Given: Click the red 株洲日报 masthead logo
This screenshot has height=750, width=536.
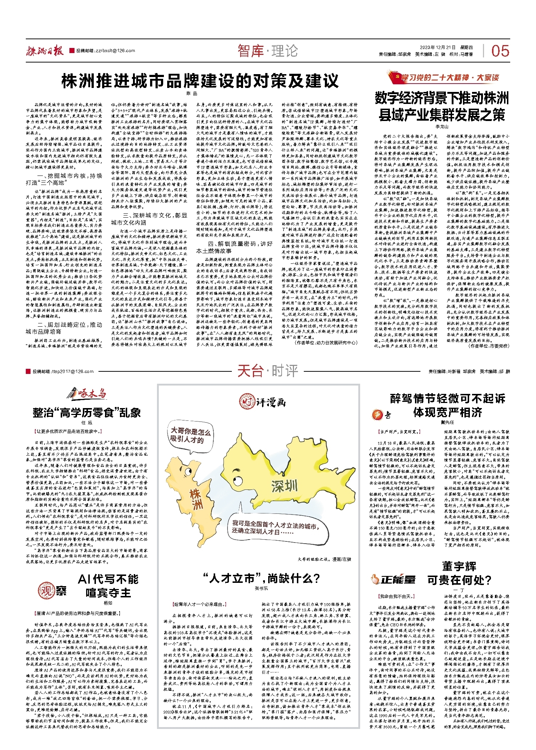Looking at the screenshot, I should coord(44,51).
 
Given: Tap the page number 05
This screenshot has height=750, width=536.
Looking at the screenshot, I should coord(500,51).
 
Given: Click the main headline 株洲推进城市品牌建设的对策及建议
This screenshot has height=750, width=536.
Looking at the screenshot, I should coord(200,81).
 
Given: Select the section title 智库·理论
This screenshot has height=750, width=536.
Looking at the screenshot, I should coord(268,51).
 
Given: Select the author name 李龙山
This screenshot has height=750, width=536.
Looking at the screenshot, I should coord(442,127).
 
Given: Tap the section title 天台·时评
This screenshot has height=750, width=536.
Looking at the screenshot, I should coord(268,371).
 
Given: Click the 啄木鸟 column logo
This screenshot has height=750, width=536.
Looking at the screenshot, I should coord(87,394).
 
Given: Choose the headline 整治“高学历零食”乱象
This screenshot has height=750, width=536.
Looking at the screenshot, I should coord(86,413).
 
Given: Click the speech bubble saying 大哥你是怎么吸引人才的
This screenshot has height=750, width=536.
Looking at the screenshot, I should coord(190,435).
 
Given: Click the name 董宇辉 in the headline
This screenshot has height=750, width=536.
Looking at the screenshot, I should coord(459,566).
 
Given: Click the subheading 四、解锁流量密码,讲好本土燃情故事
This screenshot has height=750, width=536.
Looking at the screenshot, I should coord(234,247).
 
